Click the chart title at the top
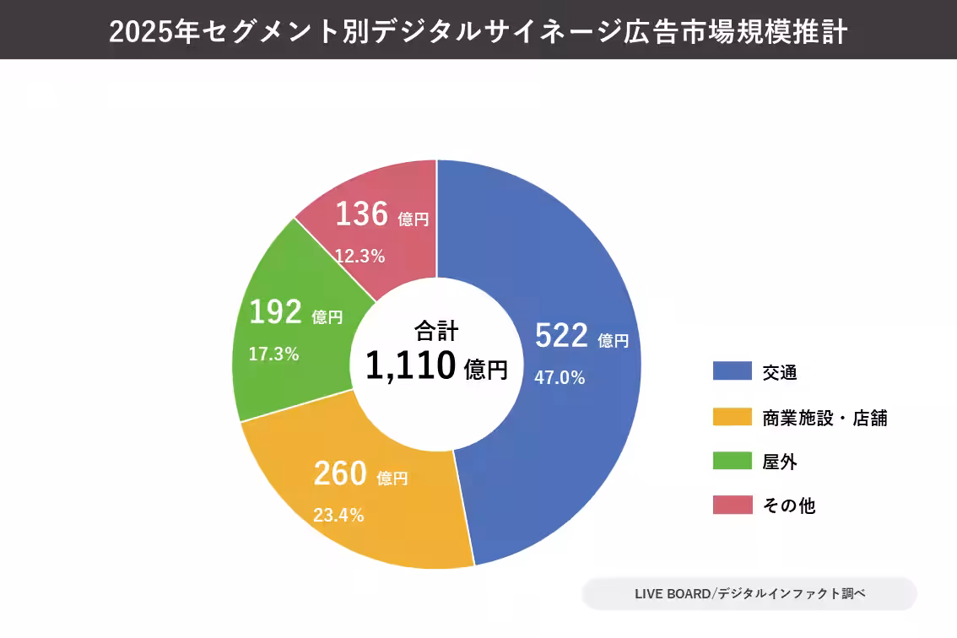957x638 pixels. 478,31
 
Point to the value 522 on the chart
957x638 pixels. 561,337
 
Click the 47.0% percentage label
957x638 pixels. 560,377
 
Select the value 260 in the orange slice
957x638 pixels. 339,474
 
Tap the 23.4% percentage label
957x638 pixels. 338,515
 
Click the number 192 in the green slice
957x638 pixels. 275,313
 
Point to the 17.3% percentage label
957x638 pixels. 273,354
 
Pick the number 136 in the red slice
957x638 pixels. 361,214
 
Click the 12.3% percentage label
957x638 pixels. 360,256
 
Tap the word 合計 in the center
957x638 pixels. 436,330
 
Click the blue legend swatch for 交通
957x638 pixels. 732,371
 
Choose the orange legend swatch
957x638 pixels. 732,417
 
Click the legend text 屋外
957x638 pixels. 780,462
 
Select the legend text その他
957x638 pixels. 788,506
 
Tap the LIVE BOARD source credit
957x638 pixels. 749,593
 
